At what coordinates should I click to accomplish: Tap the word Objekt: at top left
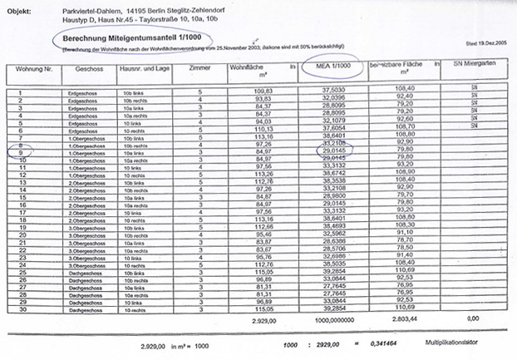pos(18,7)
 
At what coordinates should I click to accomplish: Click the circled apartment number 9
pos(18,152)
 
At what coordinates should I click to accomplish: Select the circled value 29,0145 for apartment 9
pos(331,151)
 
